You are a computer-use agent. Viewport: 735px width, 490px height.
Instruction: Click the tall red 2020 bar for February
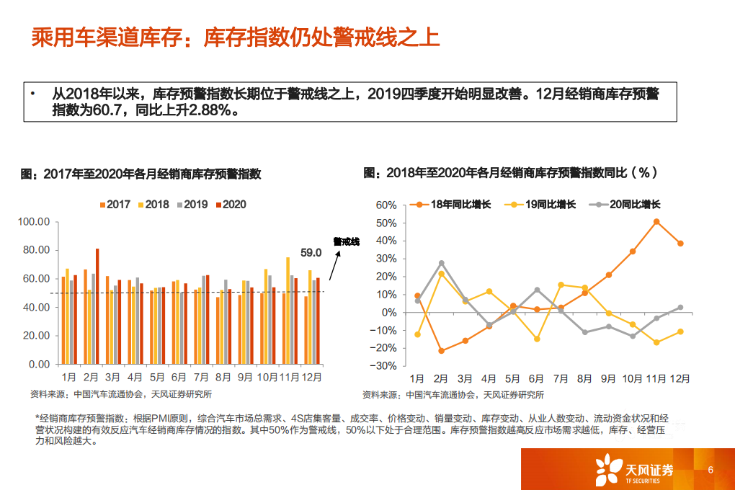(x=97, y=306)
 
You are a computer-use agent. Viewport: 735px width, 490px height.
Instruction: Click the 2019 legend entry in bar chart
(x=191, y=205)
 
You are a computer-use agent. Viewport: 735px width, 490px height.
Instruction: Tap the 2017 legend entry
(x=114, y=205)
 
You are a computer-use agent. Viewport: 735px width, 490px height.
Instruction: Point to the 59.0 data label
(x=311, y=253)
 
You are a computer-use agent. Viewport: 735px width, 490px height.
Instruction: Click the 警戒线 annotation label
(x=346, y=242)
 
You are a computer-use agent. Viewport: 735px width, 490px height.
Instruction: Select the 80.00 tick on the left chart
(x=35, y=250)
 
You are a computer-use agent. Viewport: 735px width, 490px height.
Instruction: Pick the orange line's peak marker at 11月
(x=656, y=222)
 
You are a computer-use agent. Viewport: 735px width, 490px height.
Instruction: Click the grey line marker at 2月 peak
(x=441, y=263)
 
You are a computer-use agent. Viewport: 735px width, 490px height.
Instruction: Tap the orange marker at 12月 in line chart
(x=680, y=244)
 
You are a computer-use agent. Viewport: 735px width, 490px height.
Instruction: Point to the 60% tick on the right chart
(x=386, y=205)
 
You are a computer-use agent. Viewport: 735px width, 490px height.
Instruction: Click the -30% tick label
(x=385, y=365)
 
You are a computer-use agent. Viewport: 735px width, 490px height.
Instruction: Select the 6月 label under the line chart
(x=536, y=379)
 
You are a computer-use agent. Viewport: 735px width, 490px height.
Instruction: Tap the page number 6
(x=710, y=471)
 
